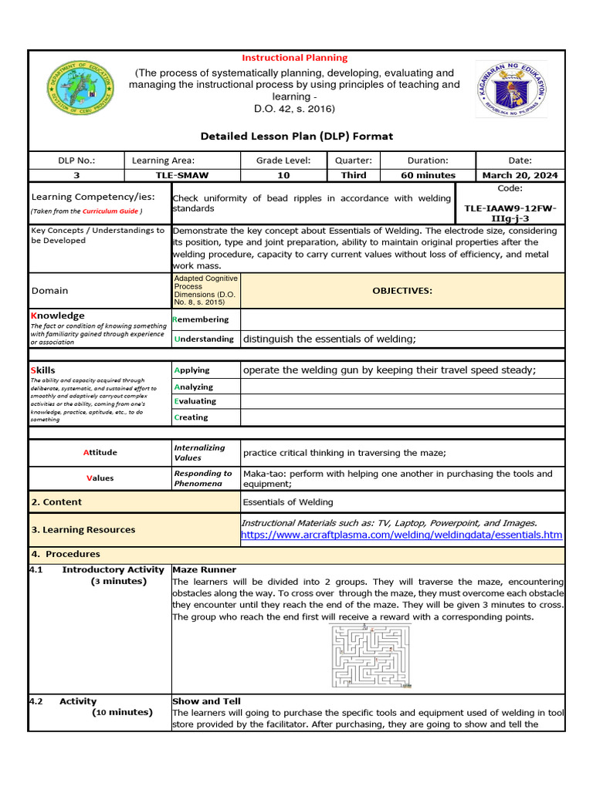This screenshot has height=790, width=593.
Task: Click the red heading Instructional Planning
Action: coord(295,58)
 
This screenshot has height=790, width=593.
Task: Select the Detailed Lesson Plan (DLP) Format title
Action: coord(296,136)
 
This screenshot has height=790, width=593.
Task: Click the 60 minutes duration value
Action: coord(428,175)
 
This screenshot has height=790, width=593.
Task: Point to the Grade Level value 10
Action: coord(283,175)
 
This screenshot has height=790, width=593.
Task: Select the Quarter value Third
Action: coord(354,175)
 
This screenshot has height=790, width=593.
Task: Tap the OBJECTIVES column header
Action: coord(402,291)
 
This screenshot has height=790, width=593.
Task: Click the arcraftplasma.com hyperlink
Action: coord(402,535)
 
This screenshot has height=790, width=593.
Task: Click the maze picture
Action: coord(371,657)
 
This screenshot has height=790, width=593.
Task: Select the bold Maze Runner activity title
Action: coord(205,570)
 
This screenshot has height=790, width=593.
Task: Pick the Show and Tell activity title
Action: coord(207,701)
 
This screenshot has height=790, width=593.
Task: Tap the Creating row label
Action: coord(191,417)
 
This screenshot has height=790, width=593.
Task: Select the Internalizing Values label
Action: coord(199,452)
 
